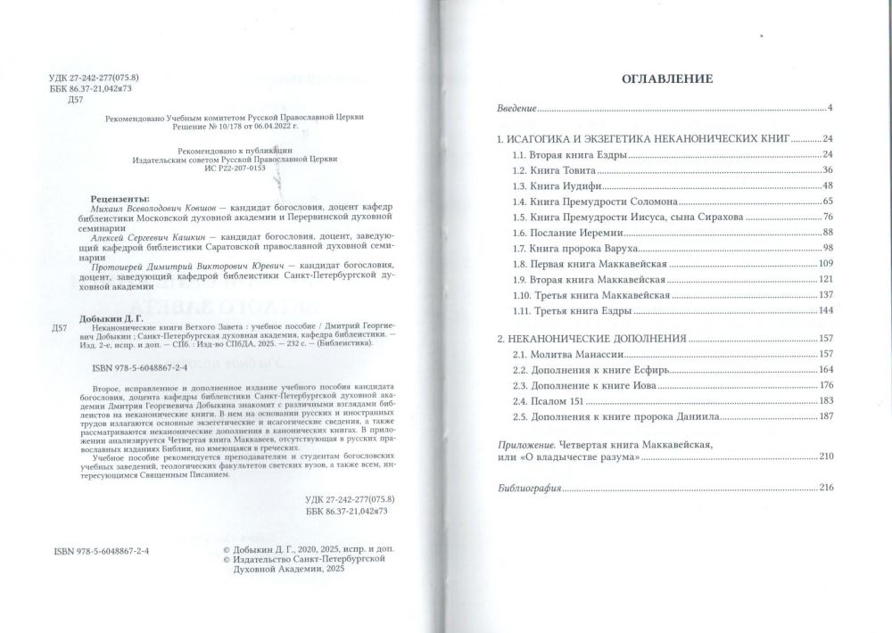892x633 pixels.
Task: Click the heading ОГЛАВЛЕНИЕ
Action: [x=665, y=78]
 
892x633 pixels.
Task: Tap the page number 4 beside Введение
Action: [x=829, y=109]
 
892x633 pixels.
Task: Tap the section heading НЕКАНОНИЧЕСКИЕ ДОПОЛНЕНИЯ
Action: [x=591, y=340]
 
